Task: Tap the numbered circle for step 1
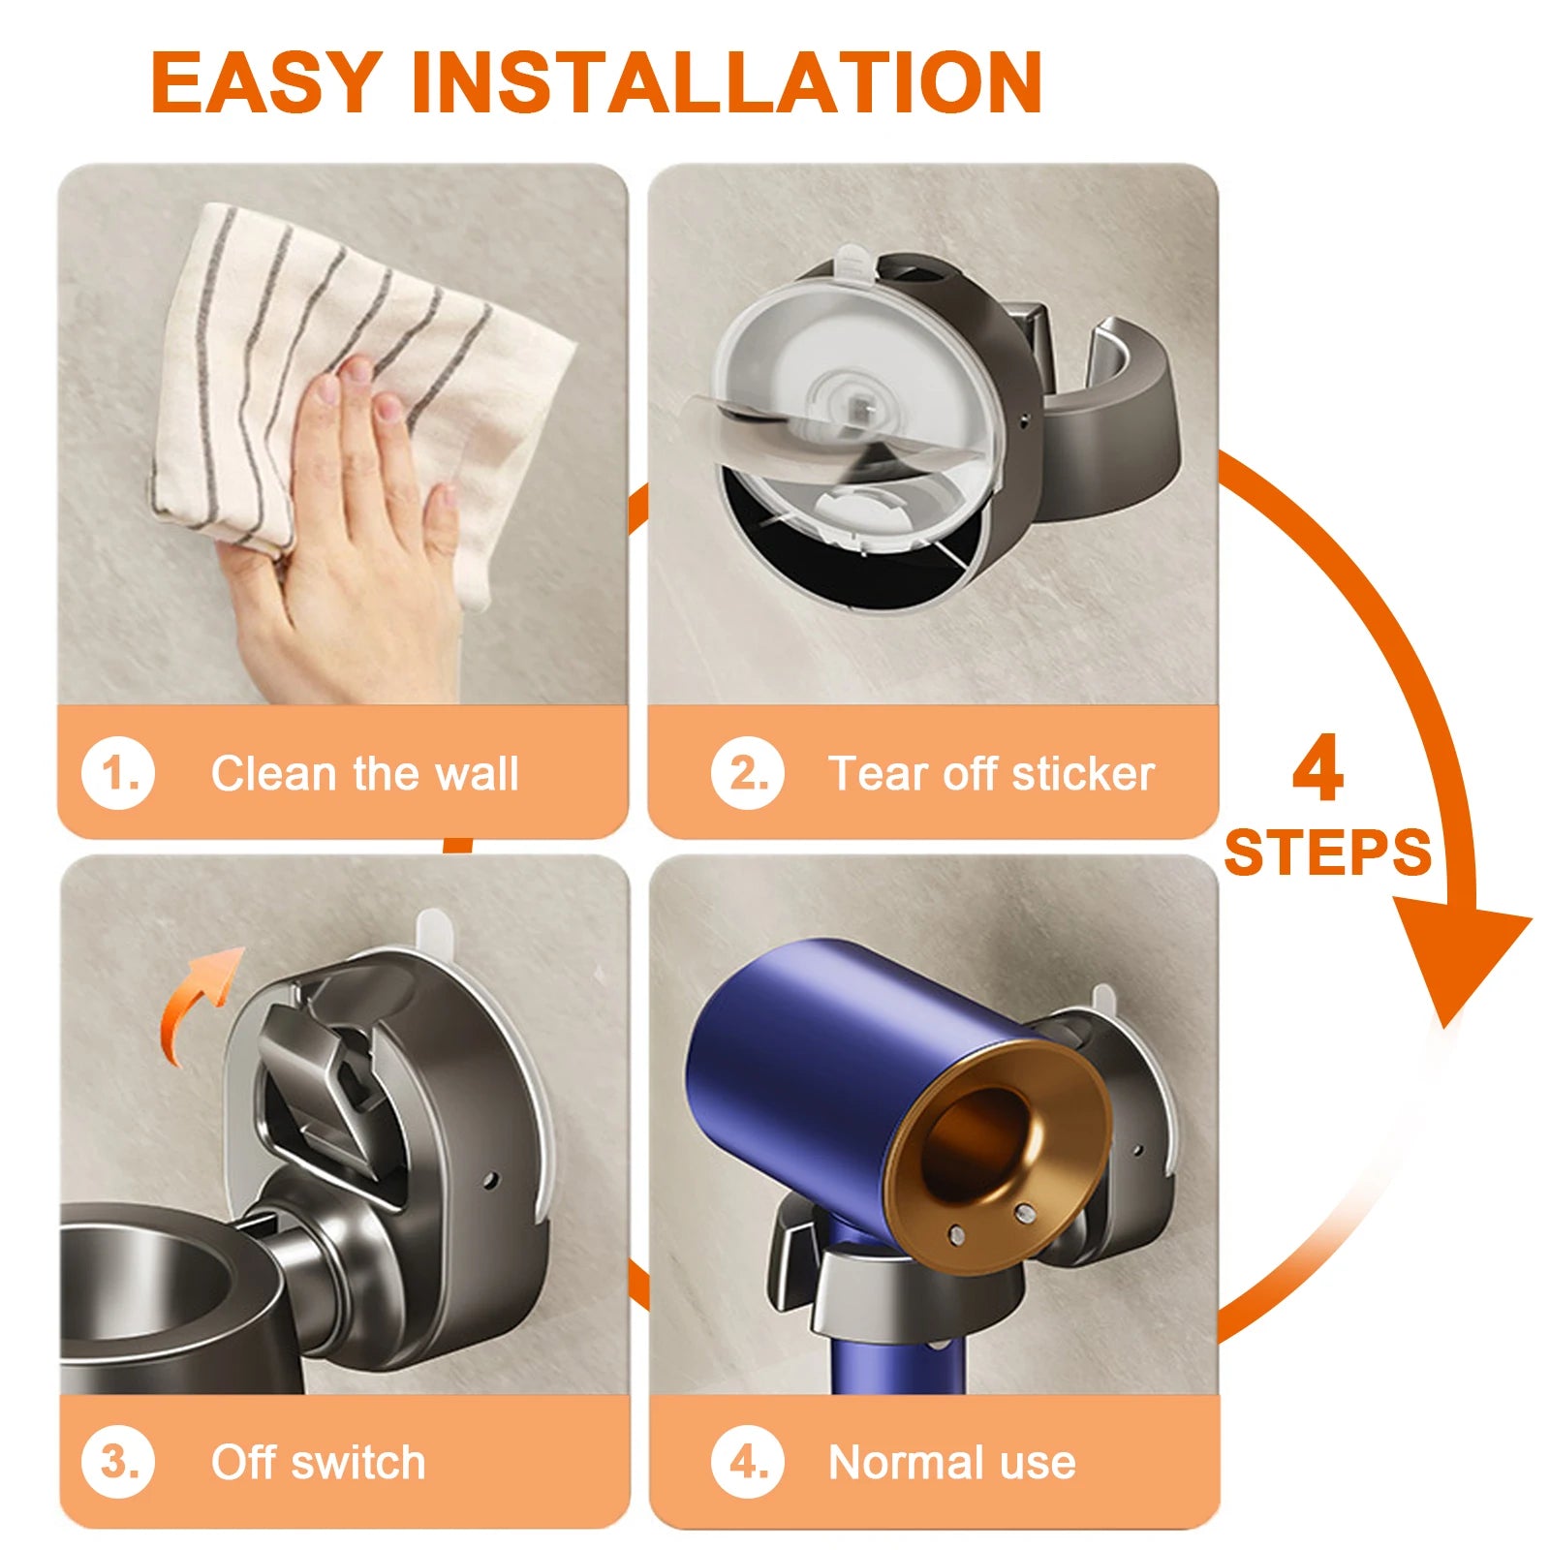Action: click(x=118, y=774)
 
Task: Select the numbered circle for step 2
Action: click(x=747, y=774)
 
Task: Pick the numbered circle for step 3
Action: click(x=118, y=1462)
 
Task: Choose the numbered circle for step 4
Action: click(x=747, y=1462)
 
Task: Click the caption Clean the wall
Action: click(x=365, y=774)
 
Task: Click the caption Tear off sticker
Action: click(x=991, y=774)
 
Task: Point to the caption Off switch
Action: click(x=318, y=1462)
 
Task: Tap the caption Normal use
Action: click(x=951, y=1462)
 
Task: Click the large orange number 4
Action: click(x=1317, y=770)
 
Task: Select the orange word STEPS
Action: click(x=1327, y=852)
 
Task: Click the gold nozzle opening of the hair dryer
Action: click(x=978, y=1143)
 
